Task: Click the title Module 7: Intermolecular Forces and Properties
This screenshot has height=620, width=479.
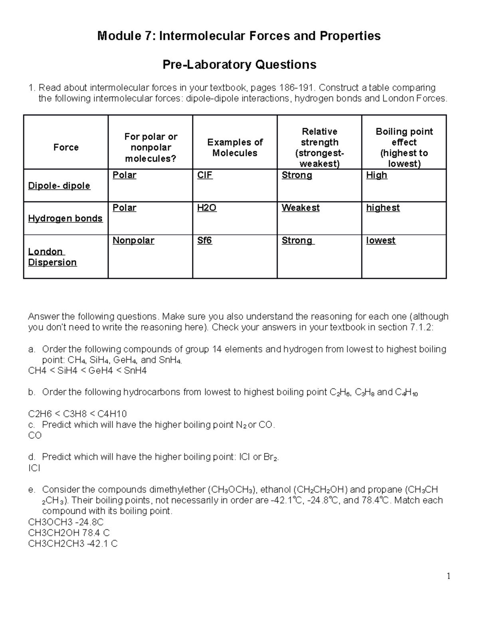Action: [x=239, y=36]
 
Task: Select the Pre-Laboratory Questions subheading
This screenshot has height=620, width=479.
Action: [x=239, y=65]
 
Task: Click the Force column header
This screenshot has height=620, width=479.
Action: [x=66, y=147]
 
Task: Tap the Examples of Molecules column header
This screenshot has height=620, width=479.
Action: [x=235, y=148]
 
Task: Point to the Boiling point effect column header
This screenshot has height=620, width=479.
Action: [x=404, y=148]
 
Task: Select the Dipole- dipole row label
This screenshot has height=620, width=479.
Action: [x=59, y=186]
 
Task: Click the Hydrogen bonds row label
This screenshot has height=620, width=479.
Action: [x=65, y=218]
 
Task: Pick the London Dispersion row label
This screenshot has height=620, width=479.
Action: [x=52, y=257]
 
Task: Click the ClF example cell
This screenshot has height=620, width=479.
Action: [x=205, y=175]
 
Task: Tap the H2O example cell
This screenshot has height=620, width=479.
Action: [x=207, y=208]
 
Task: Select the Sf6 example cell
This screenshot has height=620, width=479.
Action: [x=204, y=241]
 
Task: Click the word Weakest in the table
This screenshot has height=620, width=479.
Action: [x=300, y=208]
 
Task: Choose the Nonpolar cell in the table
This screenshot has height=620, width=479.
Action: [x=133, y=241]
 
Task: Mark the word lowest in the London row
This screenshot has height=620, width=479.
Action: [x=380, y=241]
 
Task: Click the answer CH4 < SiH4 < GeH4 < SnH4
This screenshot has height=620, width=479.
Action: [x=87, y=371]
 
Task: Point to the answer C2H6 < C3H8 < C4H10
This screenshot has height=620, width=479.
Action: [x=77, y=414]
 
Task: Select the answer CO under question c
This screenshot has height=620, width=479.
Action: [x=35, y=436]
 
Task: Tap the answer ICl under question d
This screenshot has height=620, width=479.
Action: [x=34, y=468]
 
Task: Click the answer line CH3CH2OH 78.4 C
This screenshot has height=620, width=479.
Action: [x=69, y=533]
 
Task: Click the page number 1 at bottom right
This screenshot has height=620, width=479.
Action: [x=449, y=576]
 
